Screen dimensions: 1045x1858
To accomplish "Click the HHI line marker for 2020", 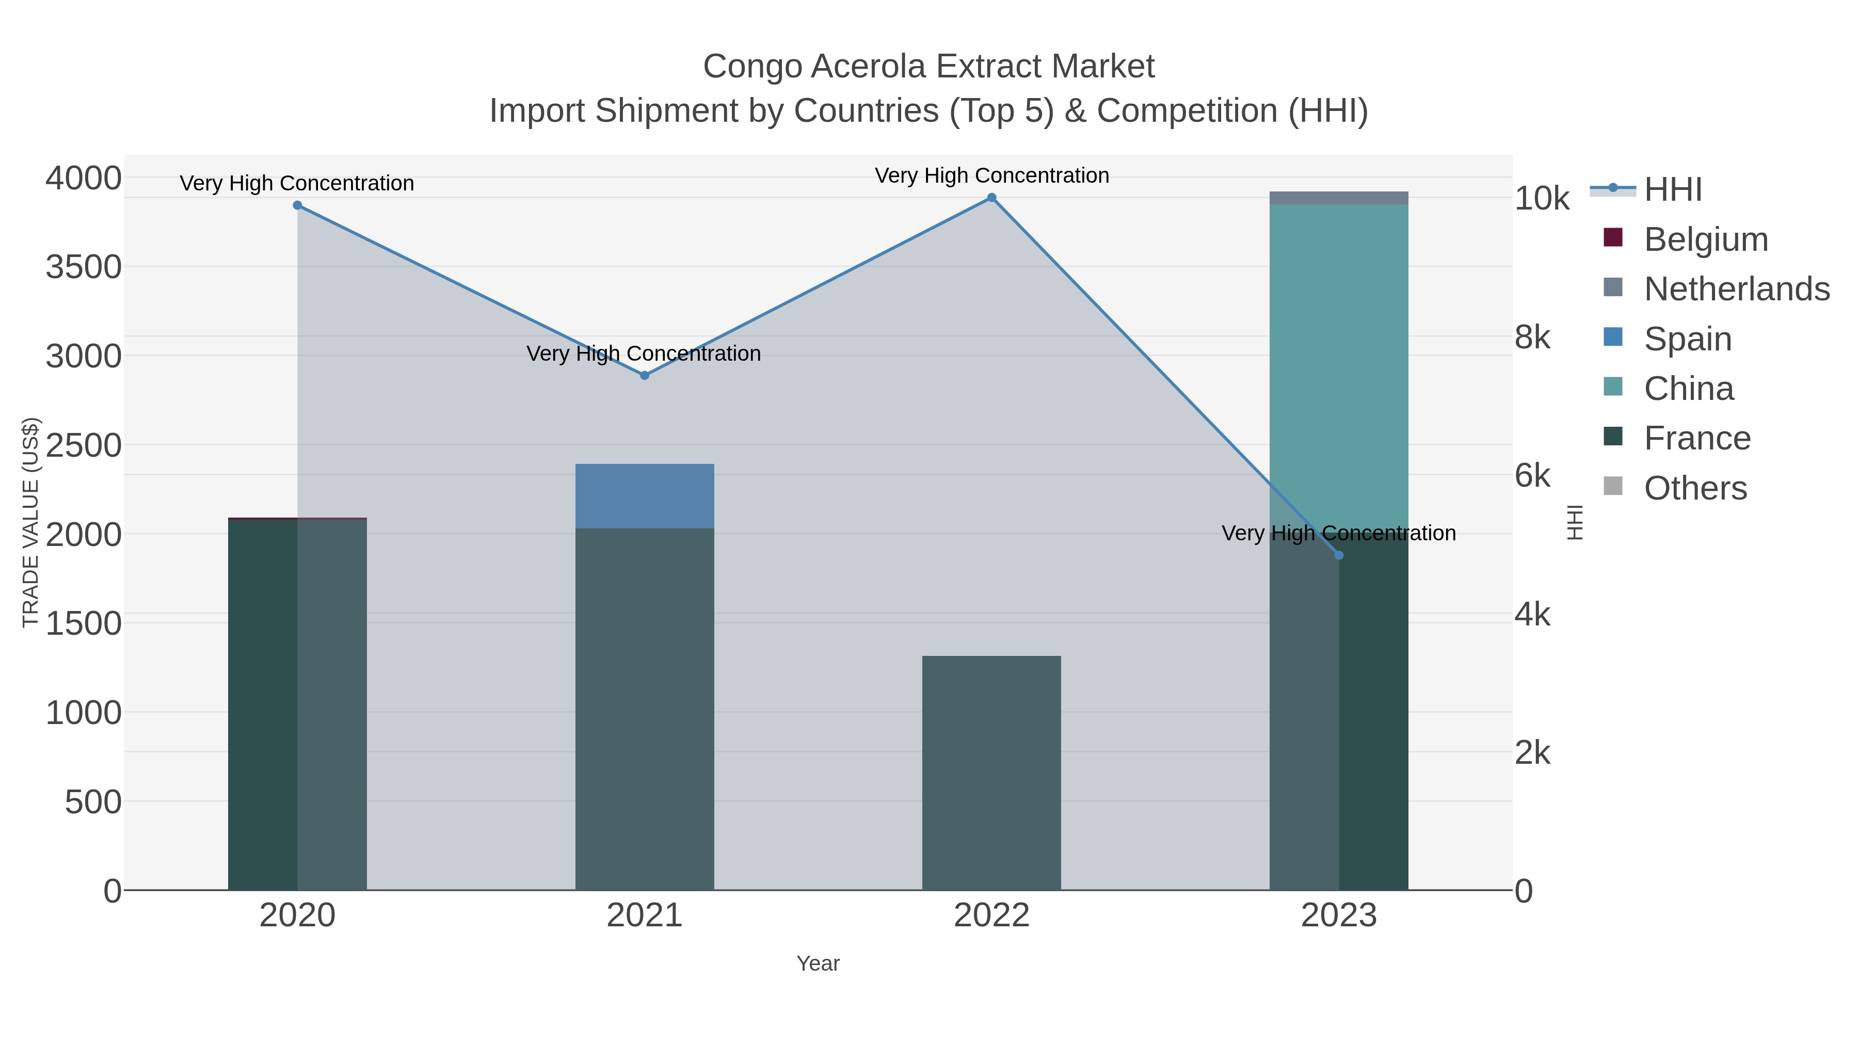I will (x=297, y=205).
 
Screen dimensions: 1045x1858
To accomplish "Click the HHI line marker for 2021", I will (x=645, y=376).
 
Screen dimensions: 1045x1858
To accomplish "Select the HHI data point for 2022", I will (x=992, y=198).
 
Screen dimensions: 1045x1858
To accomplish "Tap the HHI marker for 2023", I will (x=1339, y=555).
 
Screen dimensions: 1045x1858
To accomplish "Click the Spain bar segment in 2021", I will (x=645, y=496).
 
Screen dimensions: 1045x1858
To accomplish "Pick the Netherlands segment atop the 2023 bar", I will (x=1339, y=198).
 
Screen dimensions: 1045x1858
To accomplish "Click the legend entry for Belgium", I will (x=1705, y=239).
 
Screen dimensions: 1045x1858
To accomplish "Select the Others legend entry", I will (x=1695, y=488).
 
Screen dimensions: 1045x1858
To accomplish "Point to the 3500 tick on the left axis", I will (x=84, y=267).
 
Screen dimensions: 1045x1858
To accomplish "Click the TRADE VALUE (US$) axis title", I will (x=31, y=522).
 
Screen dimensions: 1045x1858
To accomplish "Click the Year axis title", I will (x=818, y=963).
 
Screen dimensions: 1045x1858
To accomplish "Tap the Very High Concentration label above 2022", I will (x=992, y=176).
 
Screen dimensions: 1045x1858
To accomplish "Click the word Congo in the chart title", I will (x=752, y=67).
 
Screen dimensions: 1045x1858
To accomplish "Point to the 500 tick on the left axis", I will (x=93, y=802).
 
